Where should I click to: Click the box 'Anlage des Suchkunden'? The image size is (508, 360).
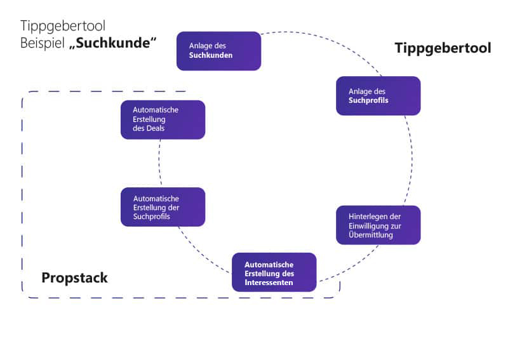[218, 51]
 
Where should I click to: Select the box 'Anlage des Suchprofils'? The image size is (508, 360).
[378, 96]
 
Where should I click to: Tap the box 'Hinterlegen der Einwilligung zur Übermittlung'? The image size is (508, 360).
[378, 225]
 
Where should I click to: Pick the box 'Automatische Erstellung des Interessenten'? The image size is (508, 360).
[274, 272]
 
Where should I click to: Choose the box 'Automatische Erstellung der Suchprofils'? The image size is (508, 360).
[163, 207]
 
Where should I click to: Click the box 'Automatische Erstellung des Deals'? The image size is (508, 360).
[163, 119]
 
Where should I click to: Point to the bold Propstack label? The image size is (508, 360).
[74, 277]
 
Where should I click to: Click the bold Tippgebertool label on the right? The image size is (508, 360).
[443, 48]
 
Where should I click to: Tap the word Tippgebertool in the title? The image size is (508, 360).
[63, 26]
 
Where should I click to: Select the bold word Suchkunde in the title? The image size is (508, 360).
[113, 43]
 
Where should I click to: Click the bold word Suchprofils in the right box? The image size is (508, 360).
[368, 100]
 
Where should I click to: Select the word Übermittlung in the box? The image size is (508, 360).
[371, 234]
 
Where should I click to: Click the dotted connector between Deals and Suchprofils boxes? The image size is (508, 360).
[159, 163]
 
